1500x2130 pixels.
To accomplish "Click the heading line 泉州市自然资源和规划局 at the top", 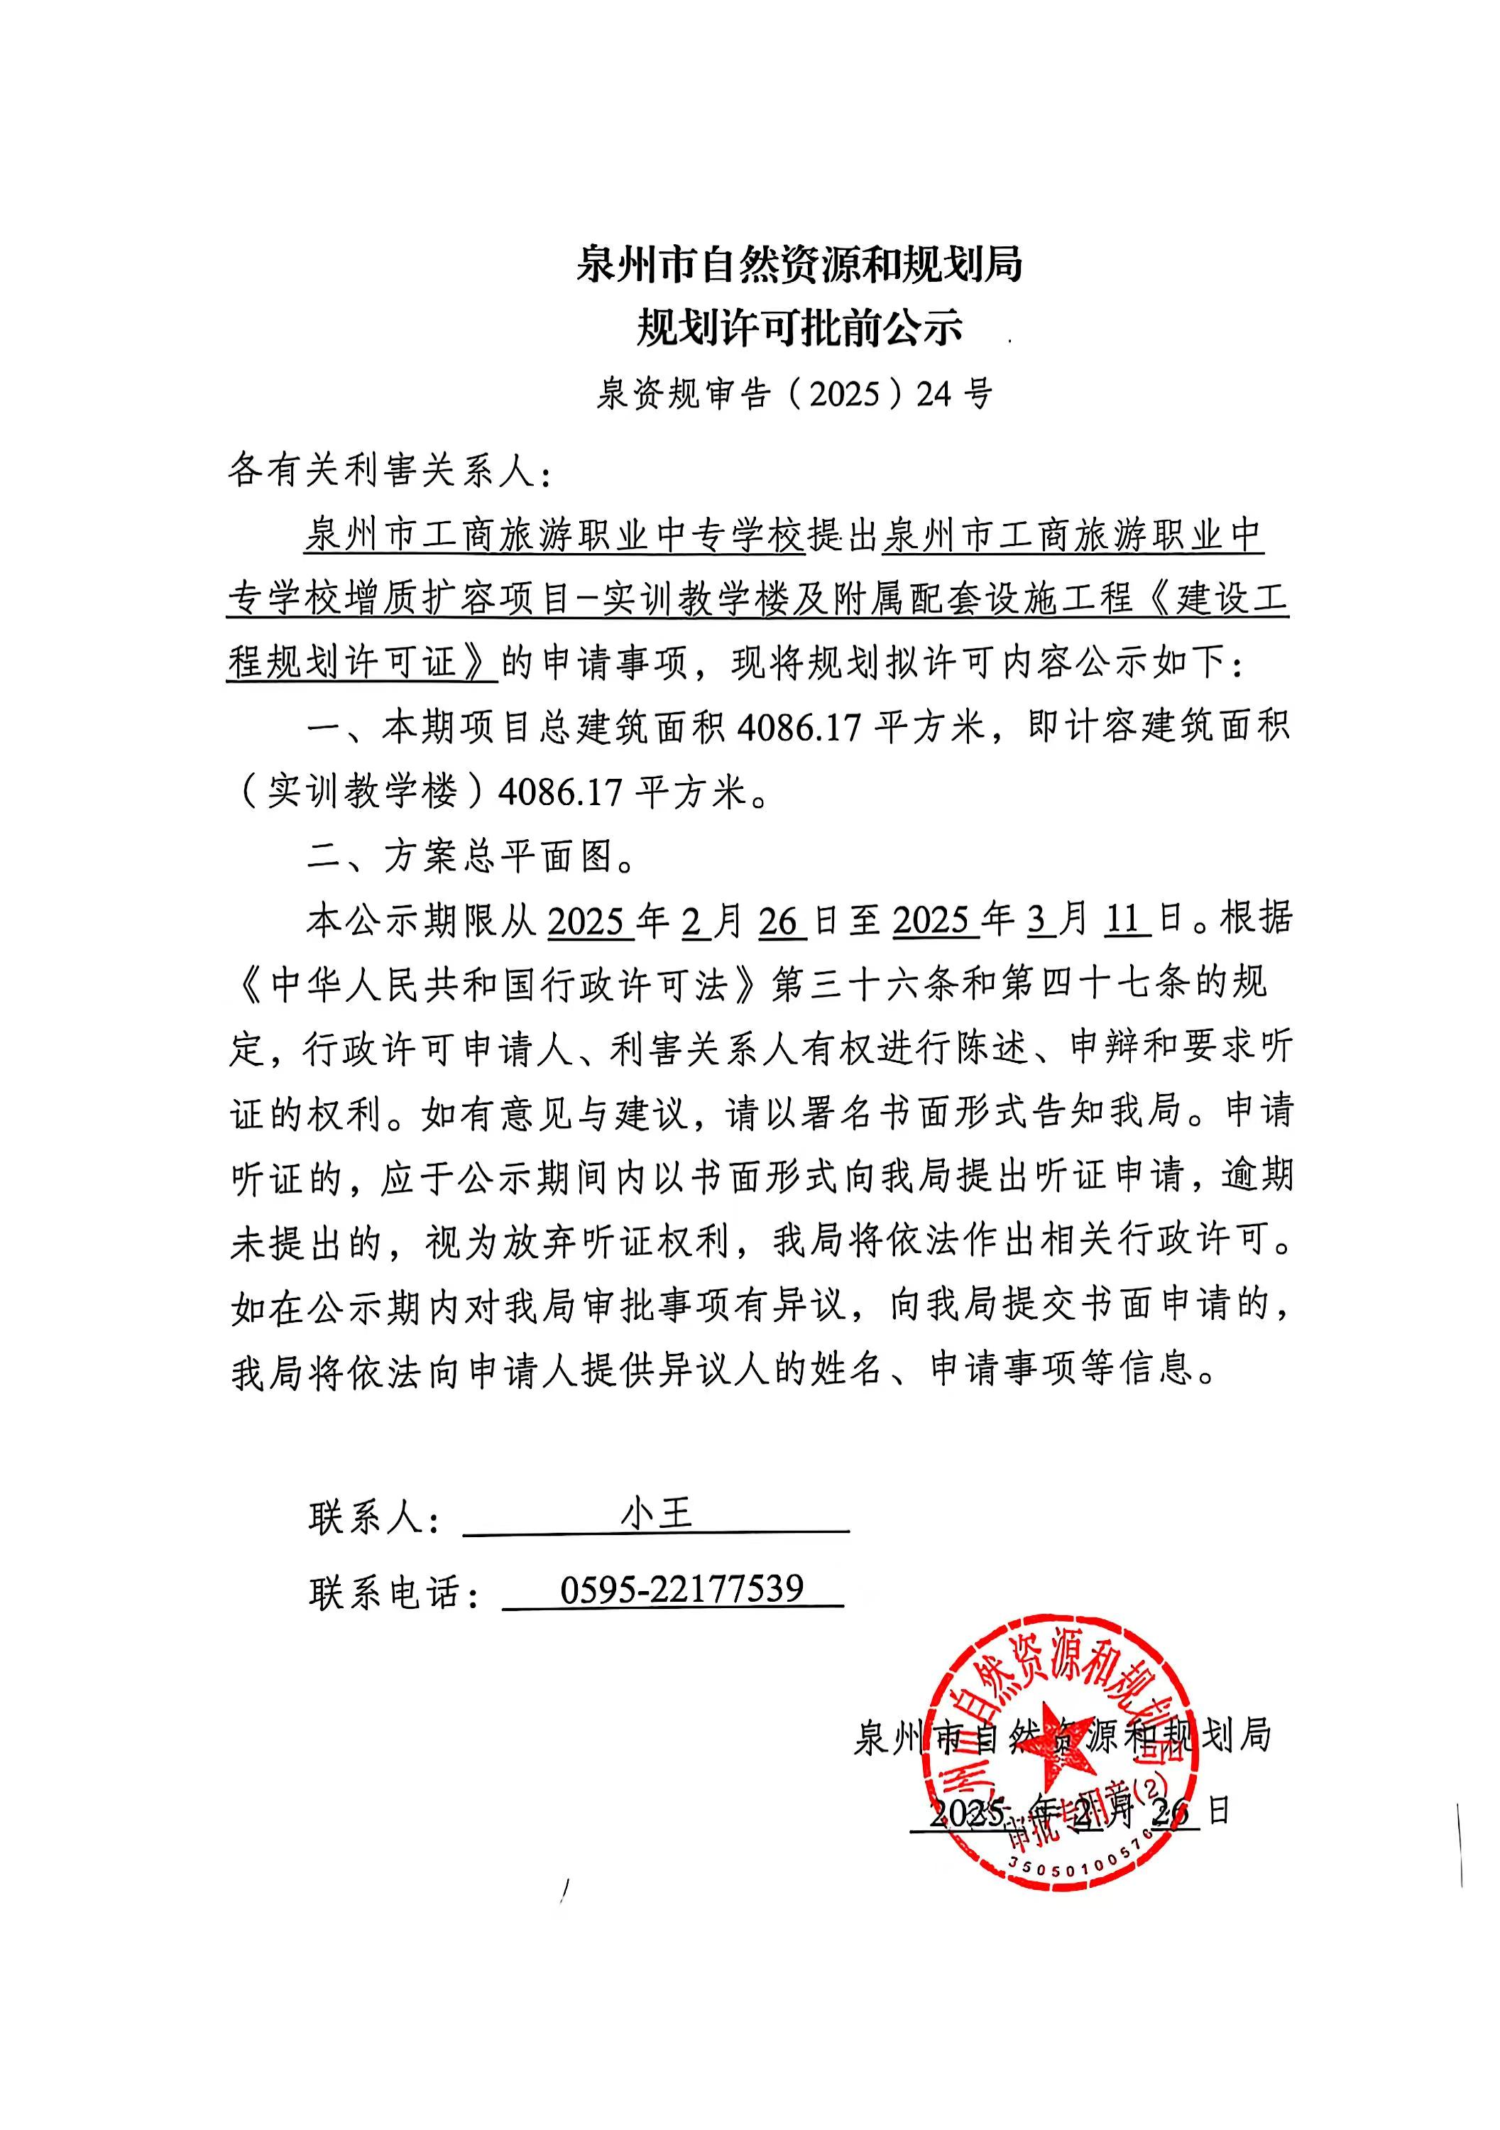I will click(x=799, y=264).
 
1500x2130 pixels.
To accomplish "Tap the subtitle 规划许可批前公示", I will click(x=799, y=327).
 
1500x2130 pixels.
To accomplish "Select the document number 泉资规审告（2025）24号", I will click(x=794, y=394).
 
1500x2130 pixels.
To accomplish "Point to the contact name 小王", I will click(x=656, y=1515).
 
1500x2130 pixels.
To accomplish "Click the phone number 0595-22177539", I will click(x=681, y=1589).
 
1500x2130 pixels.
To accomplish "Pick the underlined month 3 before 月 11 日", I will click(x=1038, y=919).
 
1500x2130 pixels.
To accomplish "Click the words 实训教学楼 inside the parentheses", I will click(x=363, y=792).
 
